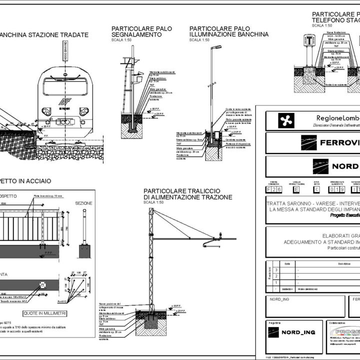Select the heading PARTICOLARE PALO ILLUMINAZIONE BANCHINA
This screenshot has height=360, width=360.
tap(228, 31)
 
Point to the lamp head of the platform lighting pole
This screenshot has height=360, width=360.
tap(216, 47)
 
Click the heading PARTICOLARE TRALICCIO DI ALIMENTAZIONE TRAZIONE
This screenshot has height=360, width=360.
tap(187, 194)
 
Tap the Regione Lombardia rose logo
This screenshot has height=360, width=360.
tap(287, 120)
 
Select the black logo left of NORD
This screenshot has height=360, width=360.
tap(320, 166)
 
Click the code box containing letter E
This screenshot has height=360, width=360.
tap(296, 190)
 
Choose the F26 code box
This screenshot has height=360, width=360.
tap(273, 190)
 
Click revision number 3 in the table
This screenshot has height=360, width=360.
tap(270, 269)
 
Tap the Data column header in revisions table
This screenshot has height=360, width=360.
tap(286, 263)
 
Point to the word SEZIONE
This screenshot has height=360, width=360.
tap(83, 204)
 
